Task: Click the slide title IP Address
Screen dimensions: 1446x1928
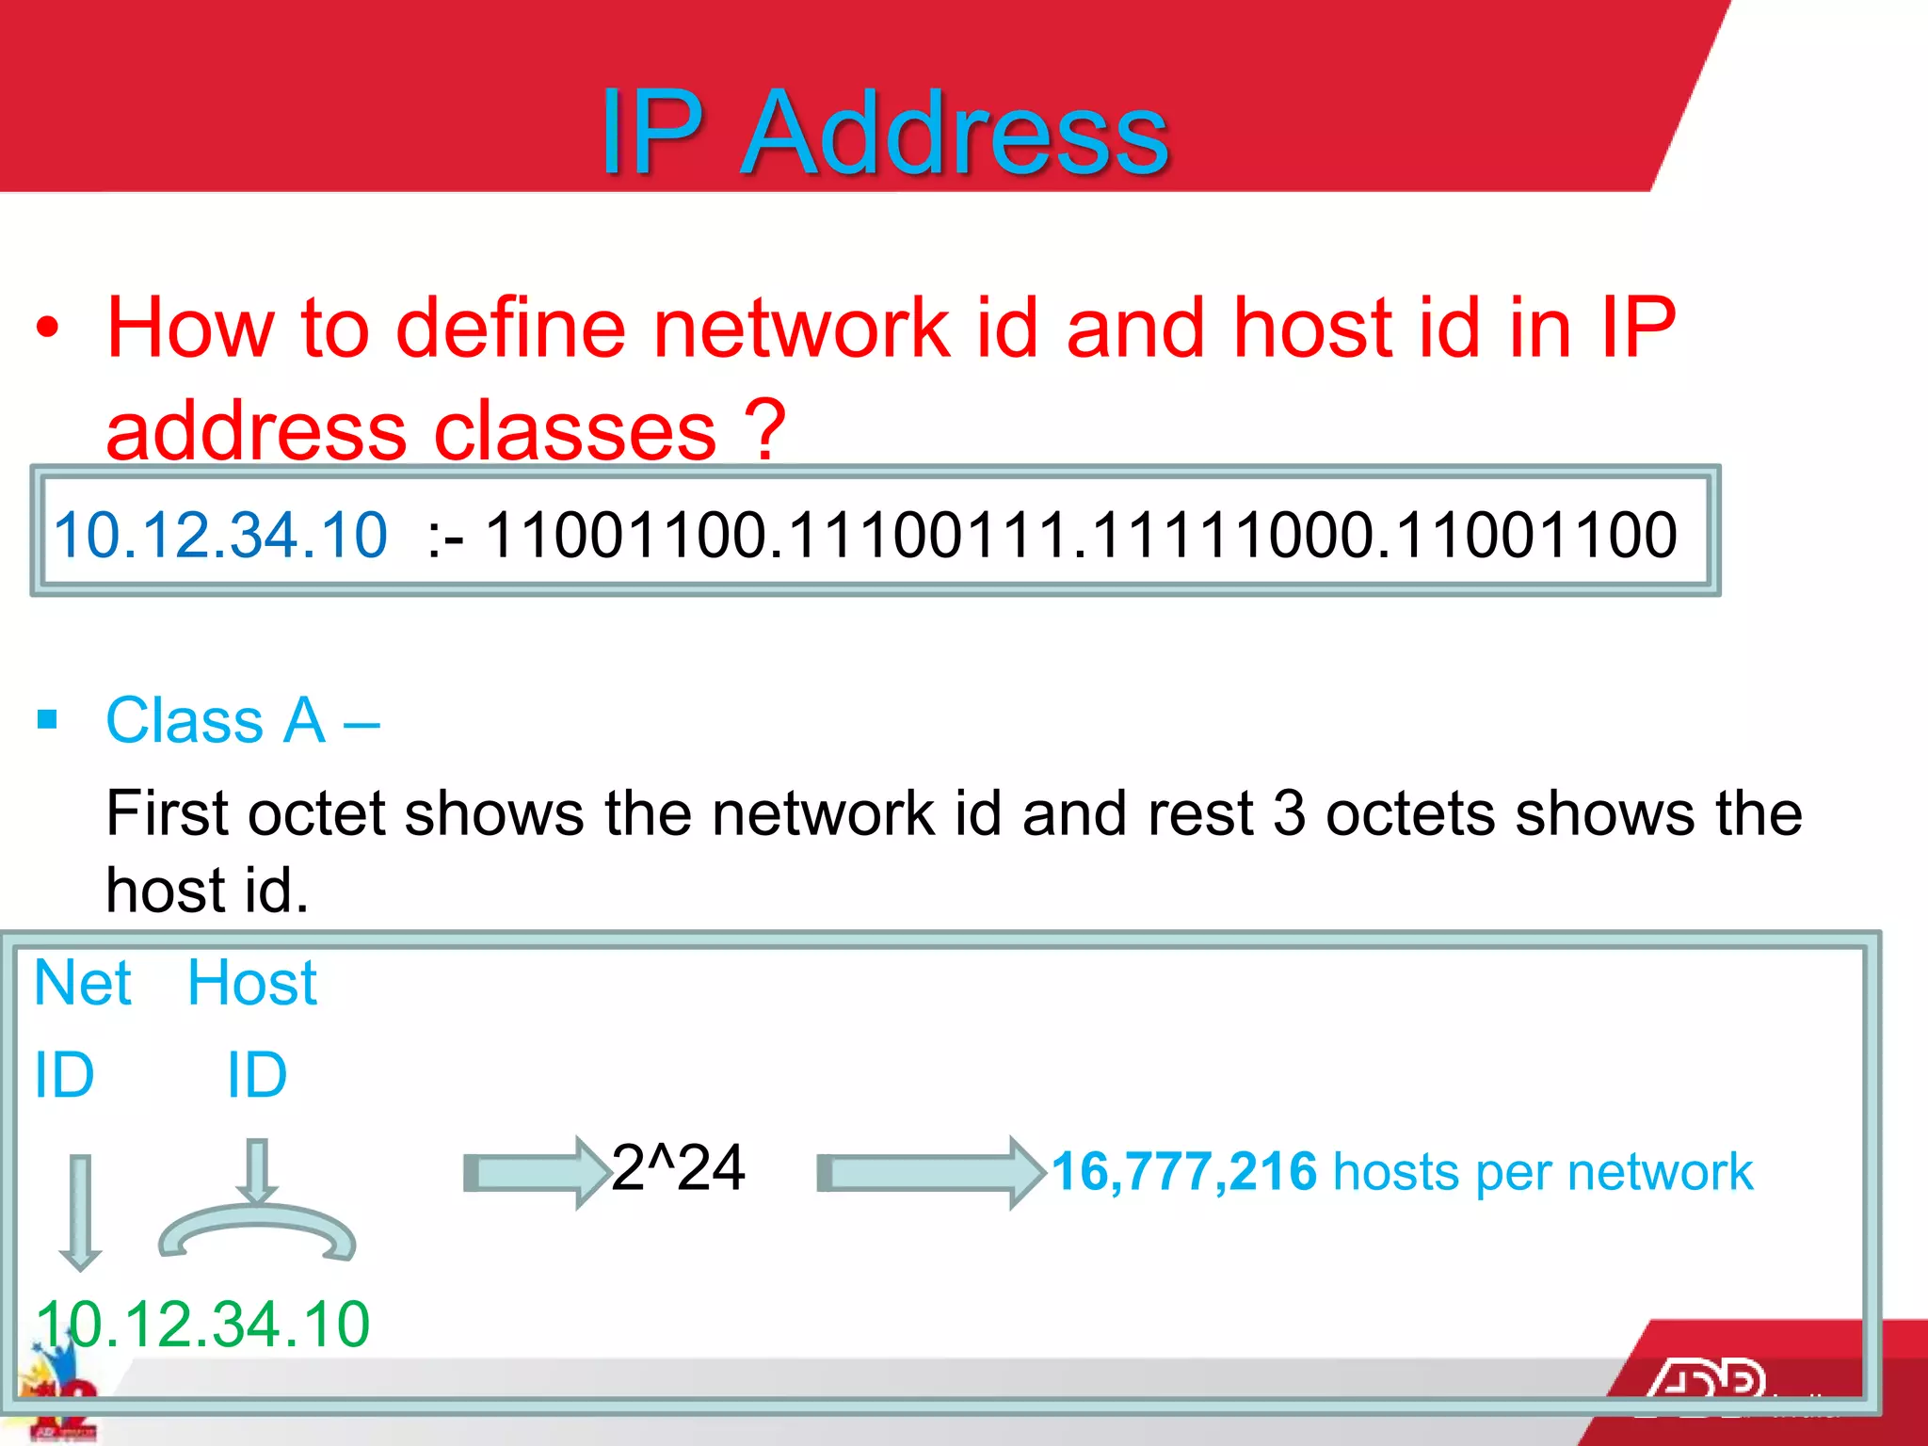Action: click(885, 132)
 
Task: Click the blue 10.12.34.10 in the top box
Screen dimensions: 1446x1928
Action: click(220, 535)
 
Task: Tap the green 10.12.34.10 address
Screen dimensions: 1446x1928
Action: click(203, 1324)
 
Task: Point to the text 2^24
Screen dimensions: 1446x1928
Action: click(678, 1167)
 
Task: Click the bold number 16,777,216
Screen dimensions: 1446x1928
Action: click(1183, 1171)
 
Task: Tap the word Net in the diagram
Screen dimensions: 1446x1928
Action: click(83, 983)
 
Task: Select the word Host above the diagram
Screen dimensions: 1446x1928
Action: click(252, 983)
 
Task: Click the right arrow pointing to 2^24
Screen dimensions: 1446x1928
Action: click(537, 1173)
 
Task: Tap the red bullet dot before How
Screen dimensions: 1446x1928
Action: click(47, 329)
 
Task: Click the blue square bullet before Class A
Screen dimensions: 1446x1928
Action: click(47, 721)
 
